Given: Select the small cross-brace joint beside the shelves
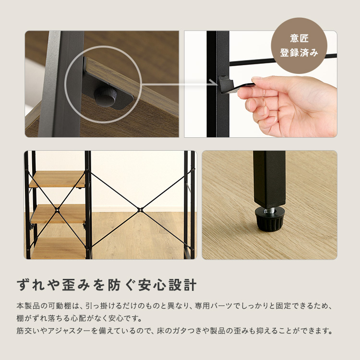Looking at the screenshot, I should coord(57,209).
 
